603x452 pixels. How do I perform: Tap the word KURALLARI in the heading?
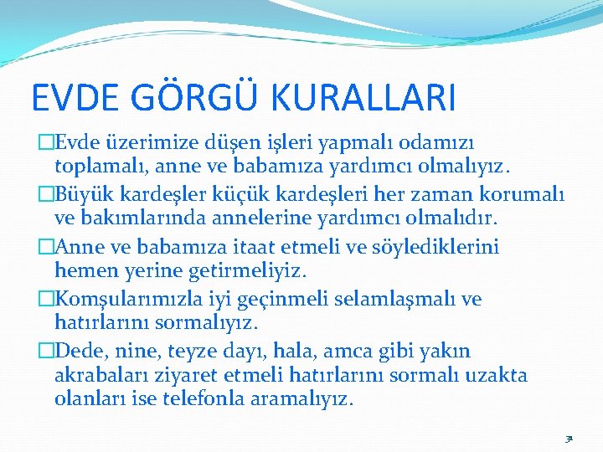tap(363, 97)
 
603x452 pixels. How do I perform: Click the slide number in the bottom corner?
tap(569, 438)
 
